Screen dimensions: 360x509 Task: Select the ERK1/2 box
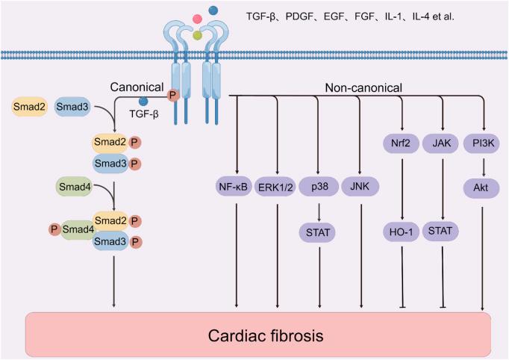(275, 186)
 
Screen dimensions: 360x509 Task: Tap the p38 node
(319, 186)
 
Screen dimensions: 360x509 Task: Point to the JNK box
(361, 186)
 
